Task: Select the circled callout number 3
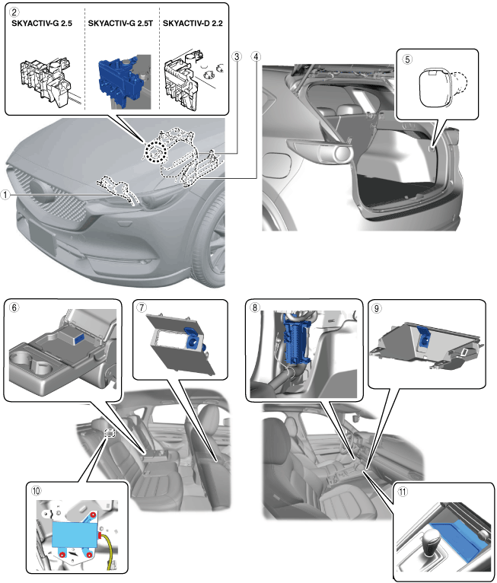(237, 57)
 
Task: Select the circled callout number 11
(403, 491)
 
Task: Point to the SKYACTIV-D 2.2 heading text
(194, 24)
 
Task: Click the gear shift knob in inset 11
(425, 540)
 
